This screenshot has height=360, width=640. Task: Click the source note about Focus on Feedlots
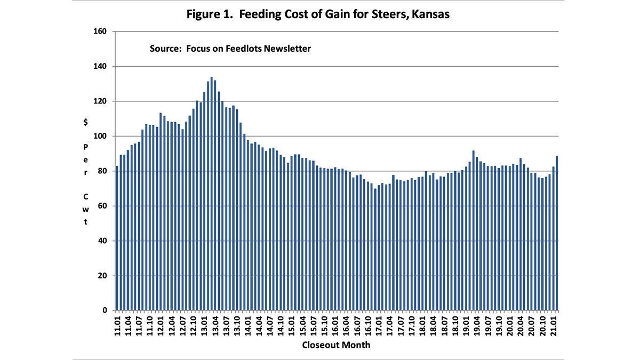pos(230,49)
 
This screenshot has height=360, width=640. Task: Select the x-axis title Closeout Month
pos(336,345)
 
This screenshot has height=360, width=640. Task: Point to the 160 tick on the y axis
pos(101,31)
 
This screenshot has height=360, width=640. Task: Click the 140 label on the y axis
pos(101,67)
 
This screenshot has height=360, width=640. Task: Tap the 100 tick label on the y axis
pos(101,137)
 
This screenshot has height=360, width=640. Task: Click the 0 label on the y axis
pos(105,310)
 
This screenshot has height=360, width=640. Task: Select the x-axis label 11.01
pos(117,325)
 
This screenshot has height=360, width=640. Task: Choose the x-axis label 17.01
pos(379,325)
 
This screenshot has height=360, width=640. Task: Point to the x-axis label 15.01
pos(292,325)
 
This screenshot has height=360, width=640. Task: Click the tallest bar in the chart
pos(212,194)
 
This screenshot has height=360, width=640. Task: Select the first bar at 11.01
pos(117,238)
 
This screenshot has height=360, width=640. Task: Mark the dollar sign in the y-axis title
pos(85,122)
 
